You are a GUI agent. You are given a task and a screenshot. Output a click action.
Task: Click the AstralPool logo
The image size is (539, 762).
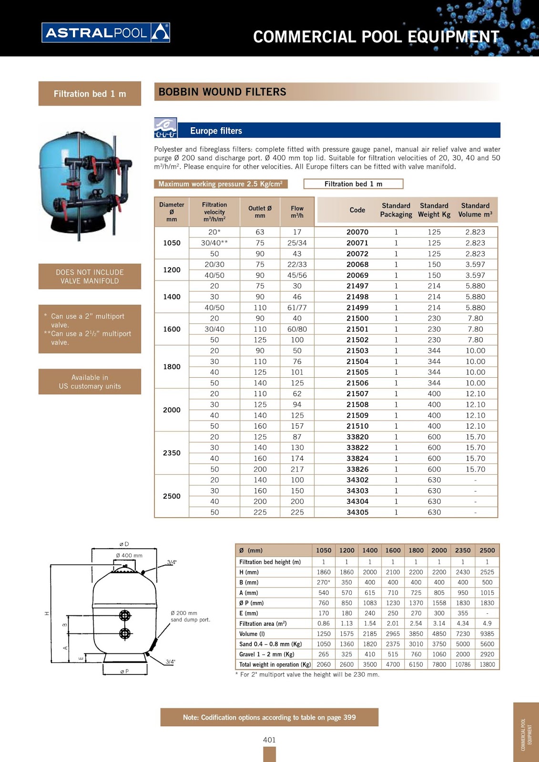click(x=105, y=33)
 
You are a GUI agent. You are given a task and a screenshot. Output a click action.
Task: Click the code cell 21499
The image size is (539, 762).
click(x=357, y=308)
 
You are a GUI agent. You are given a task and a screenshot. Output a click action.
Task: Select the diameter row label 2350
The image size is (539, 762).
click(x=172, y=453)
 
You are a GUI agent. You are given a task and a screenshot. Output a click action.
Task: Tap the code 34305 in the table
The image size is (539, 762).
click(x=357, y=512)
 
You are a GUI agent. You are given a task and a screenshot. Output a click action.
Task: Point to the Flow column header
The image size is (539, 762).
click(x=297, y=212)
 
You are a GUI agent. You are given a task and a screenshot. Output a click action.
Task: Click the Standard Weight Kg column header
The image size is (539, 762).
click(x=434, y=210)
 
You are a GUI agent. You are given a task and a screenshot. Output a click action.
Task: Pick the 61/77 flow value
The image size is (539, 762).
click(x=297, y=308)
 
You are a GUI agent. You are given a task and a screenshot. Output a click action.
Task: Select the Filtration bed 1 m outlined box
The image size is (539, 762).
click(x=353, y=184)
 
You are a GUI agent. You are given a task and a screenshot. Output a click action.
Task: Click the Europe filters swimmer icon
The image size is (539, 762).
click(x=165, y=128)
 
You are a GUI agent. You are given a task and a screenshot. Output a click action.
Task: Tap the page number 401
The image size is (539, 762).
click(x=269, y=740)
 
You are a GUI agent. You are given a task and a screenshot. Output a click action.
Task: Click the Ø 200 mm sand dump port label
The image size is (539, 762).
click(x=190, y=616)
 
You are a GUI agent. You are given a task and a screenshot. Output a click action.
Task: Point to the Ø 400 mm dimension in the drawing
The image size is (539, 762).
click(x=129, y=555)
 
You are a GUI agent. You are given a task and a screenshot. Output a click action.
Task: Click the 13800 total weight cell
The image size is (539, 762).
click(x=487, y=664)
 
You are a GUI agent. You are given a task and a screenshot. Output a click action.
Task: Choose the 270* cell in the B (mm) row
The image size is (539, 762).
click(x=324, y=582)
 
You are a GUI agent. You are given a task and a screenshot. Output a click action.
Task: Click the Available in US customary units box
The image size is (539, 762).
click(x=90, y=381)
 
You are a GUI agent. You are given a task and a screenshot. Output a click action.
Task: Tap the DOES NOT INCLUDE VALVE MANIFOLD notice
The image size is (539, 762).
click(x=90, y=276)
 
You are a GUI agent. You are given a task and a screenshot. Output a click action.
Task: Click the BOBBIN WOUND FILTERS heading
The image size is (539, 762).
click(x=223, y=92)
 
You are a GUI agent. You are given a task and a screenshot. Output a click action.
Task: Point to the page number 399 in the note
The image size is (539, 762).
click(x=349, y=717)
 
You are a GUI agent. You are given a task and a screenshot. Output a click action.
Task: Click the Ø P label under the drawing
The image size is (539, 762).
click(x=124, y=672)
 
